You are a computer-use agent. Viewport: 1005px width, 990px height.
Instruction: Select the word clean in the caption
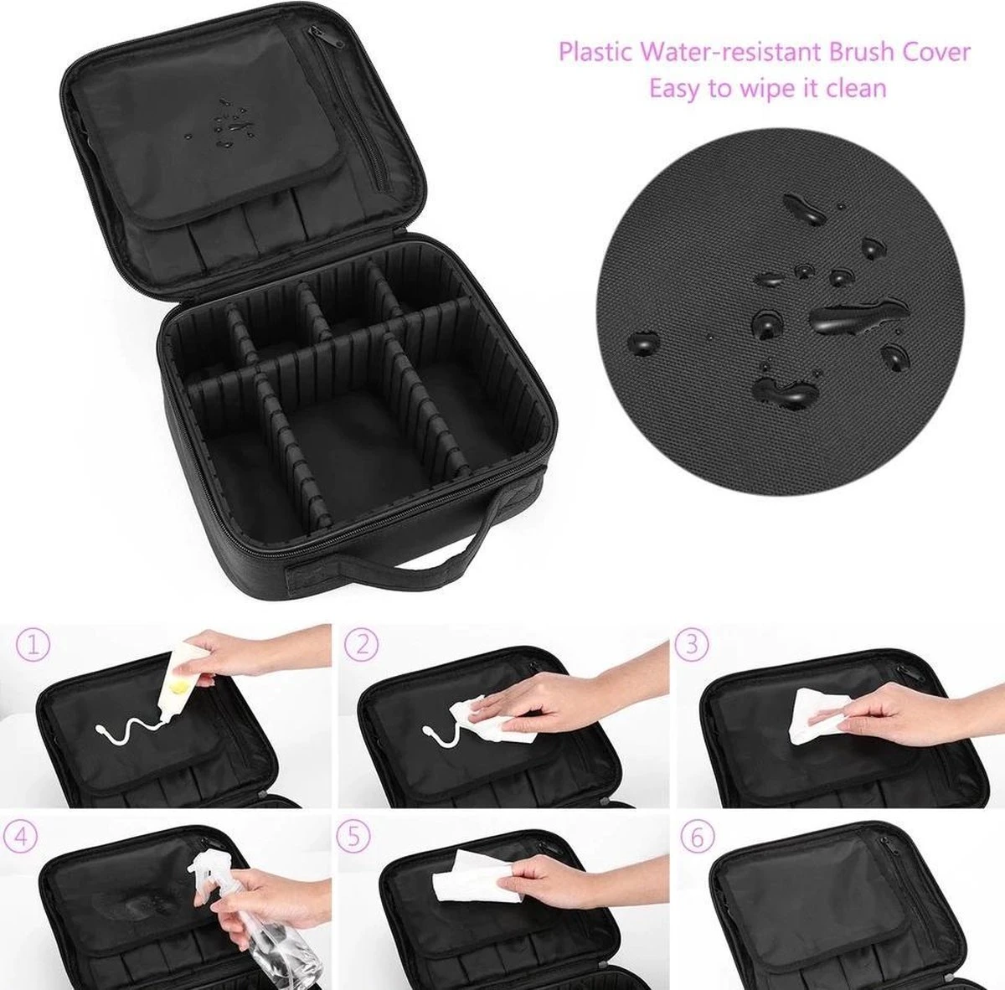tap(854, 87)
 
